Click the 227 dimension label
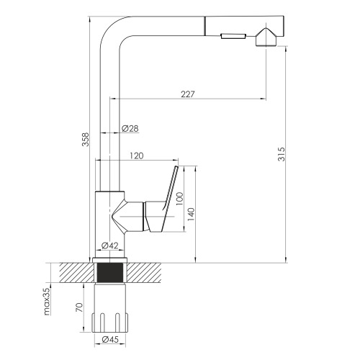[x=187, y=94]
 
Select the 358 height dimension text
[x=86, y=140]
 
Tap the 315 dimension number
[x=282, y=154]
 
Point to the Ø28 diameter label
[x=130, y=128]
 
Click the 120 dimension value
[x=137, y=156]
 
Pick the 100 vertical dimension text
[x=179, y=199]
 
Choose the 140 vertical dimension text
[x=191, y=214]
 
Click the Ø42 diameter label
[x=110, y=246]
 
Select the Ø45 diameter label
[x=110, y=339]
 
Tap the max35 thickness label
[x=47, y=301]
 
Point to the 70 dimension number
[x=79, y=307]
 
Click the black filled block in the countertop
[x=110, y=272]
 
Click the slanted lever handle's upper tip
[x=177, y=166]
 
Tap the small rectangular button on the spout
[x=233, y=36]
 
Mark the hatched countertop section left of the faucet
[x=76, y=273]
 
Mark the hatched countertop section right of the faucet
[x=144, y=273]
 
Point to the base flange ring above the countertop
[x=110, y=260]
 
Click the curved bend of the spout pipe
[x=110, y=27]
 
